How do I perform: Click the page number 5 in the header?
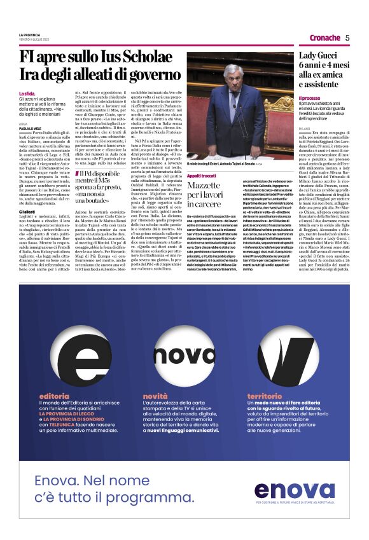[x=347, y=38]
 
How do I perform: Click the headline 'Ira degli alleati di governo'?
[x=91, y=75]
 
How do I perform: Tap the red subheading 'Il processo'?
[x=310, y=99]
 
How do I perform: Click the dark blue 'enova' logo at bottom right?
[x=294, y=490]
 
